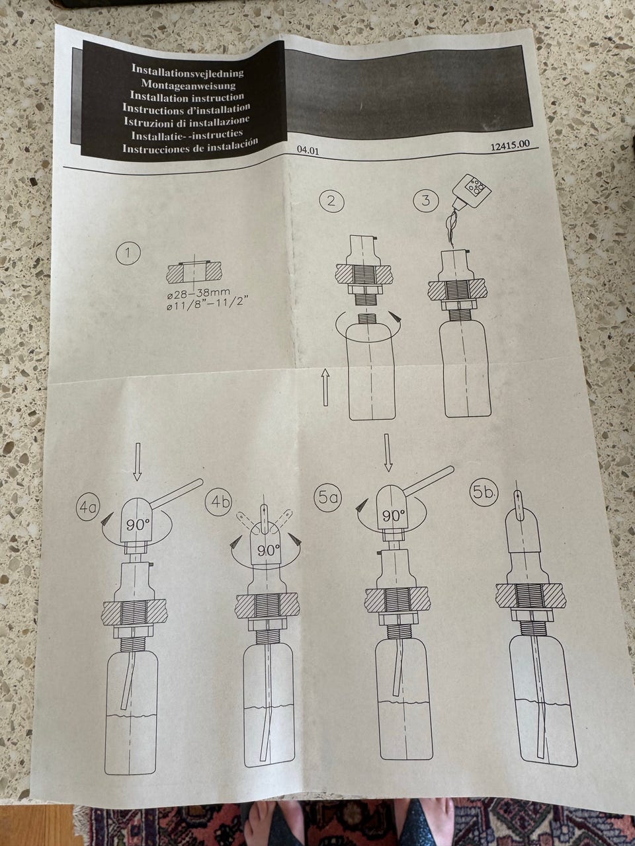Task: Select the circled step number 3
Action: pyautogui.click(x=425, y=200)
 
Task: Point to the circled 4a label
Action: pyautogui.click(x=88, y=508)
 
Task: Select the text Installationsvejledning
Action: pyautogui.click(x=187, y=71)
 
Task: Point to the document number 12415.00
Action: pyautogui.click(x=510, y=145)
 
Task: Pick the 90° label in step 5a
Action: pyautogui.click(x=394, y=516)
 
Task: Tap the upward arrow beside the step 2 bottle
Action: pyautogui.click(x=325, y=386)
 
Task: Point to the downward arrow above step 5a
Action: pyautogui.click(x=388, y=453)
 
